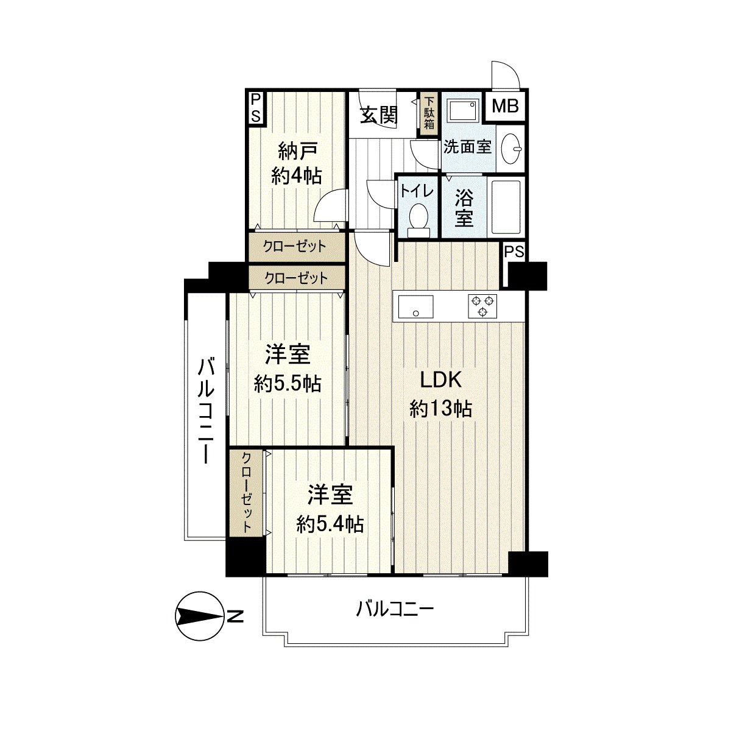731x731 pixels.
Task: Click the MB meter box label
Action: (x=506, y=107)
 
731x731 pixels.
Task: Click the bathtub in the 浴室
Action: (x=505, y=207)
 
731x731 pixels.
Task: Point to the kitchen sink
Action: (x=415, y=306)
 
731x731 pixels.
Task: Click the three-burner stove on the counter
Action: (x=482, y=305)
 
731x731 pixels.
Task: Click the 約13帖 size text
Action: (x=441, y=408)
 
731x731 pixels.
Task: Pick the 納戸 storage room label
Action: (x=297, y=150)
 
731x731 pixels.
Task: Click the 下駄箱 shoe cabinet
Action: (x=429, y=113)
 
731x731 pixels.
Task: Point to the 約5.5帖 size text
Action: (x=288, y=383)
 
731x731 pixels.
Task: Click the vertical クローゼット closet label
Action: (x=247, y=493)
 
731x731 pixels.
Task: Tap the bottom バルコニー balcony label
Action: (x=395, y=608)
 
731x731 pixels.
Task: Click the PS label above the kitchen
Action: (x=514, y=252)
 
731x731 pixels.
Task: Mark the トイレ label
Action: (x=417, y=191)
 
